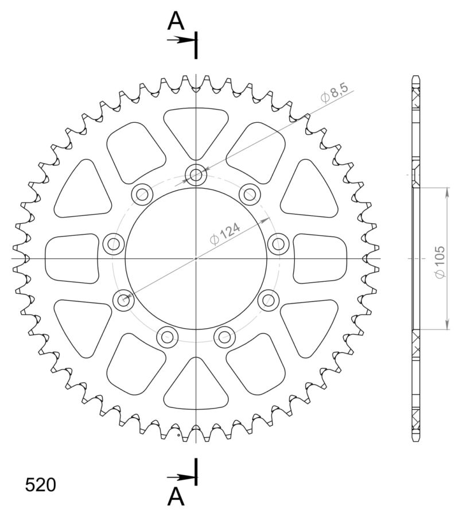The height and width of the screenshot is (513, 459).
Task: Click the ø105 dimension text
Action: coord(440,263)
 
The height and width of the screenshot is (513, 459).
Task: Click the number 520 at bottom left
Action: coord(41,485)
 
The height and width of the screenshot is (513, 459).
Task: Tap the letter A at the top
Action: coord(176,22)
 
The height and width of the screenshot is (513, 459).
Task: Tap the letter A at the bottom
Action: coord(176,495)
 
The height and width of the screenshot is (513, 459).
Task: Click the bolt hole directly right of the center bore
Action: coord(279,244)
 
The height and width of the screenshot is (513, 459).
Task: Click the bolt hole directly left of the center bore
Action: coord(113,244)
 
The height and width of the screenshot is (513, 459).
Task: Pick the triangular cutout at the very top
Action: coord(196,129)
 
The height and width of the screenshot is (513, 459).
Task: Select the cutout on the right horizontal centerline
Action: coord(319,258)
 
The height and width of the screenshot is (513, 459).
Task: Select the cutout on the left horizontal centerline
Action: coord(72,258)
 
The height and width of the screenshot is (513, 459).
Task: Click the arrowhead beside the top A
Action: coord(187,40)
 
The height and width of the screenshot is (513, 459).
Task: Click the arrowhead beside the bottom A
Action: coord(187,477)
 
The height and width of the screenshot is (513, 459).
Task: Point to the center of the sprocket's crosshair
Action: coord(196,258)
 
